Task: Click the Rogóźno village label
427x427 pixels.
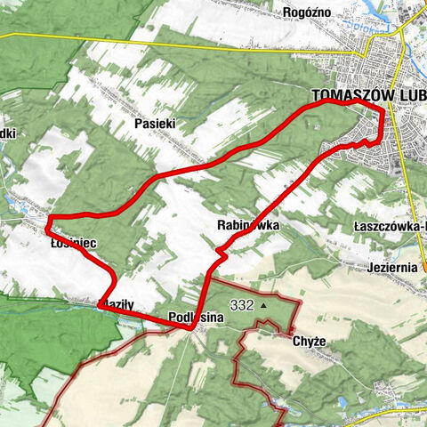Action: click(x=306, y=12)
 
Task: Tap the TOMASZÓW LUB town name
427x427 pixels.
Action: click(x=367, y=94)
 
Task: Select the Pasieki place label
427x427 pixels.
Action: click(x=153, y=124)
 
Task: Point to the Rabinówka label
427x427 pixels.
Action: click(x=247, y=226)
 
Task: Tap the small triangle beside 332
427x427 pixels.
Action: click(x=263, y=305)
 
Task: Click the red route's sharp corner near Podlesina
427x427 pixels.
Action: click(x=191, y=327)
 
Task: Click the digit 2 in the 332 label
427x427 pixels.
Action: click(x=249, y=305)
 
